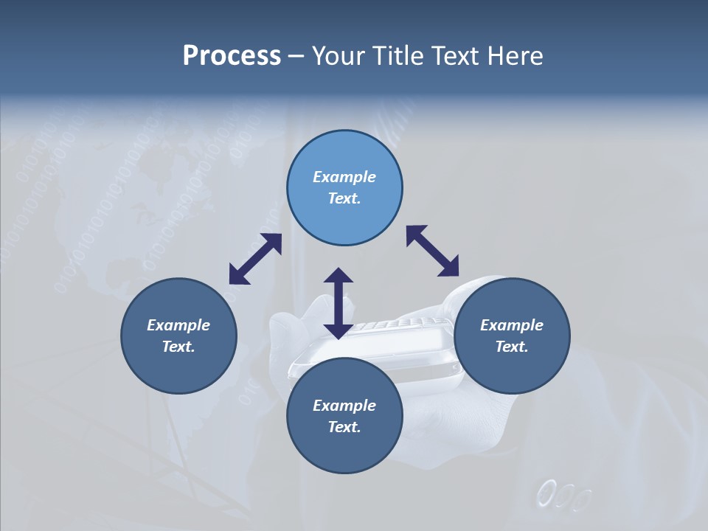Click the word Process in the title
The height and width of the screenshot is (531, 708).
(x=232, y=56)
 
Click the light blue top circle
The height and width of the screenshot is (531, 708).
(x=344, y=188)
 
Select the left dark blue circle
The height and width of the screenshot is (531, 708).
(x=178, y=336)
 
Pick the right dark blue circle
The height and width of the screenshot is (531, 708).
(x=512, y=336)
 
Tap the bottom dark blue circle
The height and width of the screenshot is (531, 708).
(x=344, y=416)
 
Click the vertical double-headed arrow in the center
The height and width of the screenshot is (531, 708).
(x=339, y=303)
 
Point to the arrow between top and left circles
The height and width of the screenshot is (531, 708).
(x=255, y=259)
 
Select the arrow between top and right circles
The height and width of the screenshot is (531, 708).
(x=433, y=251)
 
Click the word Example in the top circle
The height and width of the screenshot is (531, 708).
(x=344, y=177)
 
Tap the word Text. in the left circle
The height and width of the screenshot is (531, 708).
(x=178, y=347)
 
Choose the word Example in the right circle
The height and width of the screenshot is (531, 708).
(x=512, y=325)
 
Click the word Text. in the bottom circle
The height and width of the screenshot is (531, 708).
(x=344, y=427)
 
